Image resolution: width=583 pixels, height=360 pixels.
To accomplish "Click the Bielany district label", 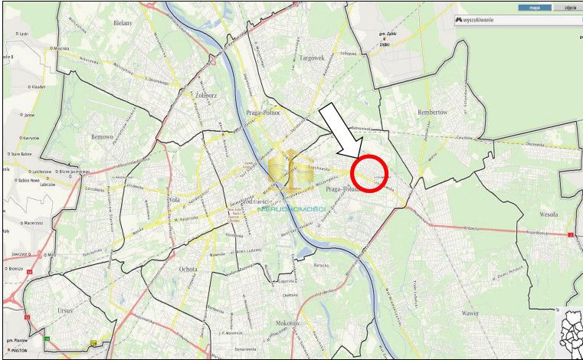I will pos(123,24).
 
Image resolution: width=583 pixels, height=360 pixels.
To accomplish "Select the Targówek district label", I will pos(312,57).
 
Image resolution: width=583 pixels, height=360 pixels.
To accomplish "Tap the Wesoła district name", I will pos(548,215).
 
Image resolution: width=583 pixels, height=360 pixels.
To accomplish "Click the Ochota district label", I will pos(188,269).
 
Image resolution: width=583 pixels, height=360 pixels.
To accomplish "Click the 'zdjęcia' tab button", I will pos(569,8).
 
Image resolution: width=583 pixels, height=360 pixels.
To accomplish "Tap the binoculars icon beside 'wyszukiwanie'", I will pos(459,19).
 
